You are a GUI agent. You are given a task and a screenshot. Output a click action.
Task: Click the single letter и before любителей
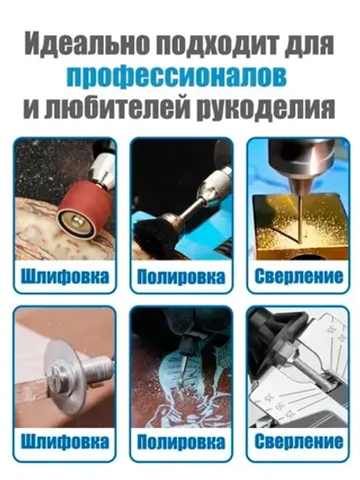pyautogui.click(x=36, y=108)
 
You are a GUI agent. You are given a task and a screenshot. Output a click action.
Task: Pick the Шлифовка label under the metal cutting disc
pyautogui.click(x=65, y=443)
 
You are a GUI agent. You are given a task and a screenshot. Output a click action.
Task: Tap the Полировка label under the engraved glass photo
pyautogui.click(x=180, y=443)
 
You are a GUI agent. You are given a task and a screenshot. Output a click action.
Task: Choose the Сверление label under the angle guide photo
pyautogui.click(x=296, y=443)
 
